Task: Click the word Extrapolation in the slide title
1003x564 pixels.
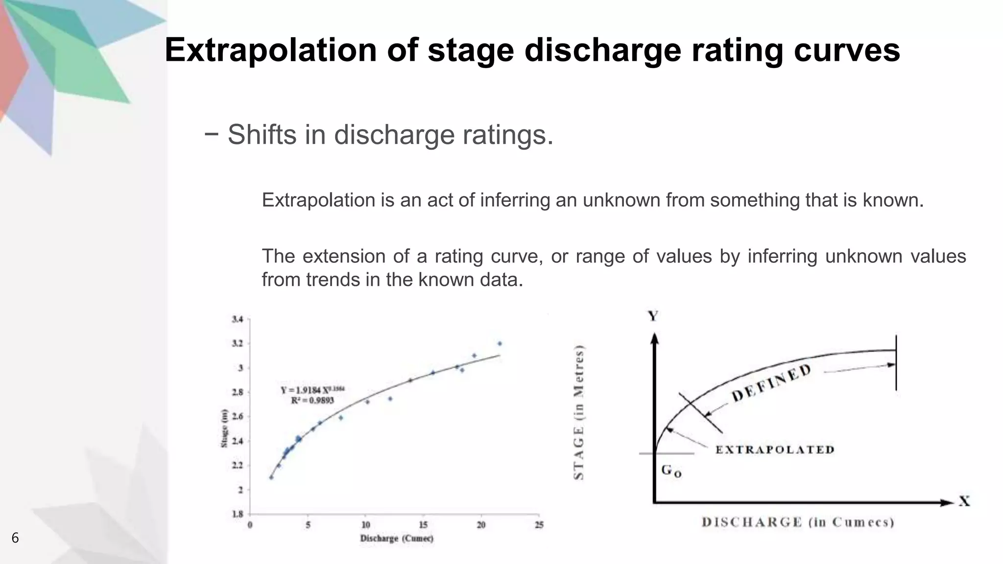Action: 270,50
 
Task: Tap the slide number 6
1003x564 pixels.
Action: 15,538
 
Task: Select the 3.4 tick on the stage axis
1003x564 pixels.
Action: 237,319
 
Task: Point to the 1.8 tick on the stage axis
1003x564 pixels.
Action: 237,514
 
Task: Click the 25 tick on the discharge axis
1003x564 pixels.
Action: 539,525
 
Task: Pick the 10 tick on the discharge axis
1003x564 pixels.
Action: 366,525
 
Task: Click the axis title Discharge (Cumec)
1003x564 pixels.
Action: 397,539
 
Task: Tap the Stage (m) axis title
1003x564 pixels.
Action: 224,428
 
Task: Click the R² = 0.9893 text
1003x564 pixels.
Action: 312,400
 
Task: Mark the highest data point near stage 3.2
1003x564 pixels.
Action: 500,343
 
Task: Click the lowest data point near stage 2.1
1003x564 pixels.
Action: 271,477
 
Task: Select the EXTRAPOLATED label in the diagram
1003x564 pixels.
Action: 775,449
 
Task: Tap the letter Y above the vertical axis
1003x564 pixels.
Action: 653,316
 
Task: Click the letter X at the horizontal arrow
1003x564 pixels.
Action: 964,501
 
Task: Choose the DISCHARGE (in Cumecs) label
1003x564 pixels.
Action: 798,522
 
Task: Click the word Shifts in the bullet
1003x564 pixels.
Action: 262,135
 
